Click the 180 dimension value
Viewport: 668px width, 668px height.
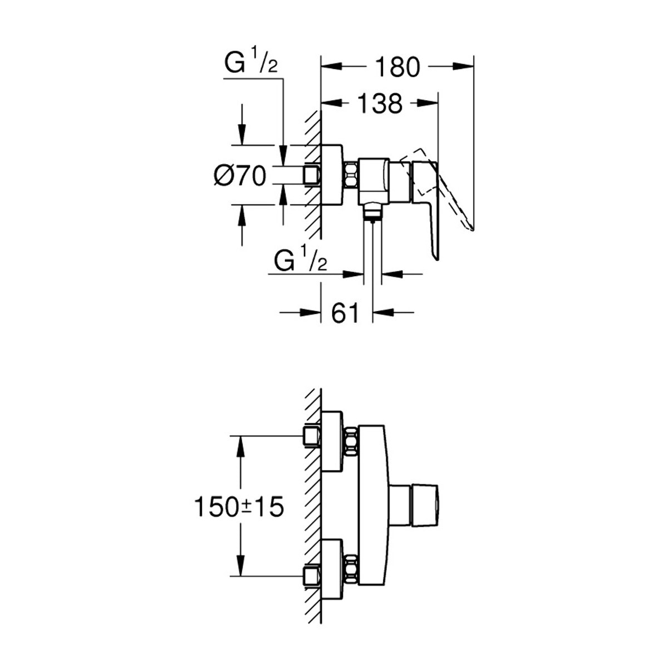[x=397, y=67]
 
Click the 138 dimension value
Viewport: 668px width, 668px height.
[x=379, y=104]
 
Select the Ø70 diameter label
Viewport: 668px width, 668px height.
[x=240, y=176]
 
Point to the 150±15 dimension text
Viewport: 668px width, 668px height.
[x=239, y=507]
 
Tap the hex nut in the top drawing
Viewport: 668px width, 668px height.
[x=351, y=175]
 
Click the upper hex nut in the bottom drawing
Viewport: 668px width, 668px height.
[x=351, y=442]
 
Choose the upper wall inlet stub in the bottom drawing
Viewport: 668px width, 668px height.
[x=312, y=437]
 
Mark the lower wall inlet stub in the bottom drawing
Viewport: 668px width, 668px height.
[x=312, y=576]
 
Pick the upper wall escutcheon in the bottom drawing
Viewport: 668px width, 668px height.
[x=333, y=441]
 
